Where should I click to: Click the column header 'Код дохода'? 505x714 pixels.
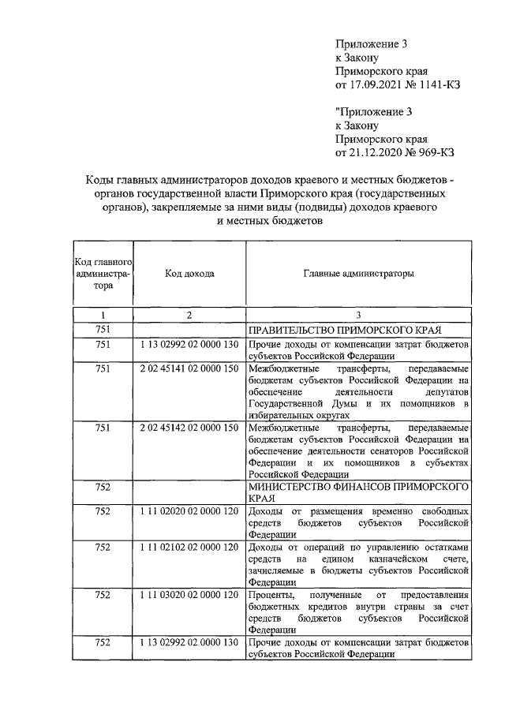189,273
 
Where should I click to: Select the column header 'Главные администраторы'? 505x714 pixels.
358,273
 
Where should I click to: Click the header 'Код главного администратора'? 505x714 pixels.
103,274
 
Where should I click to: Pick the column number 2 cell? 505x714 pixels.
189,315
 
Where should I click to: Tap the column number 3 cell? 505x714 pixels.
358,315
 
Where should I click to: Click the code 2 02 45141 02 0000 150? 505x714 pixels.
189,369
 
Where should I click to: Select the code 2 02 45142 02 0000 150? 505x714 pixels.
189,428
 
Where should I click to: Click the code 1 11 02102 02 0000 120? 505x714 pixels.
189,547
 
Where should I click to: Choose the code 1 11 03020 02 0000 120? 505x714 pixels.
189,594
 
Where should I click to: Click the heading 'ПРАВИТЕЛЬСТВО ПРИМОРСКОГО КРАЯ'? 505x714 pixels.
343,330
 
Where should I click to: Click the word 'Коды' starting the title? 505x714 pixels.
100,181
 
